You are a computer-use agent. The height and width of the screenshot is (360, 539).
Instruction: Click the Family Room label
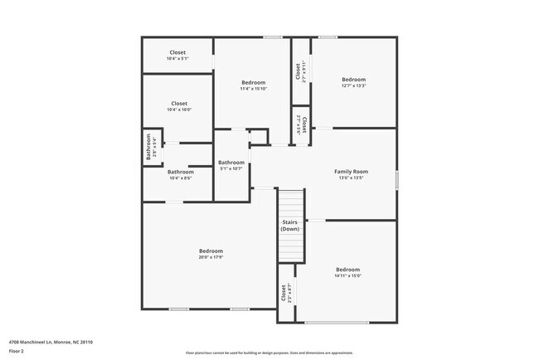point(351,172)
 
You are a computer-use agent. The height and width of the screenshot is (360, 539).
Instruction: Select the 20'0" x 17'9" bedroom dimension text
point(211,257)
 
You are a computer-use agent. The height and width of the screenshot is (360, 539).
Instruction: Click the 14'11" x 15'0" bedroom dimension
point(347,275)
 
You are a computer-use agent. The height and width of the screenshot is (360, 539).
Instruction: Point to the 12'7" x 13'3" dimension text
point(353,85)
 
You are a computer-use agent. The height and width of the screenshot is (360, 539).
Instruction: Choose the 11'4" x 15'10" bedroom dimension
point(253,89)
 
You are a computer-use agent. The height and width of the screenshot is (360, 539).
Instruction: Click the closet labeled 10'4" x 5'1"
point(177,59)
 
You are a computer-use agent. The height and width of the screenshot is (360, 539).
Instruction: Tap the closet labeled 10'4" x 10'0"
point(178,109)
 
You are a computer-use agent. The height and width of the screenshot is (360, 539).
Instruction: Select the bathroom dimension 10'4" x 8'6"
point(181,178)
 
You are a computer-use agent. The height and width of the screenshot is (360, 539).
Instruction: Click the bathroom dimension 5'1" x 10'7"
point(231,168)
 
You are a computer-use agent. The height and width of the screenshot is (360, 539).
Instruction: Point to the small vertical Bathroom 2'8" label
point(151,148)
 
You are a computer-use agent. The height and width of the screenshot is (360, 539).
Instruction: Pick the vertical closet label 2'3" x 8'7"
point(285,294)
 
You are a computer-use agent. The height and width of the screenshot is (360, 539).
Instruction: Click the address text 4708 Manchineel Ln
point(51,342)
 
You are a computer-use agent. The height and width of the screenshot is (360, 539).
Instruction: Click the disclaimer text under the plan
point(269,353)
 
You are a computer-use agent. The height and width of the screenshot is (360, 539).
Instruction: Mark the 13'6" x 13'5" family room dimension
point(351,178)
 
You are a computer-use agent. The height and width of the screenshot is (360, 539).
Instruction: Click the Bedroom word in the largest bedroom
point(211,251)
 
